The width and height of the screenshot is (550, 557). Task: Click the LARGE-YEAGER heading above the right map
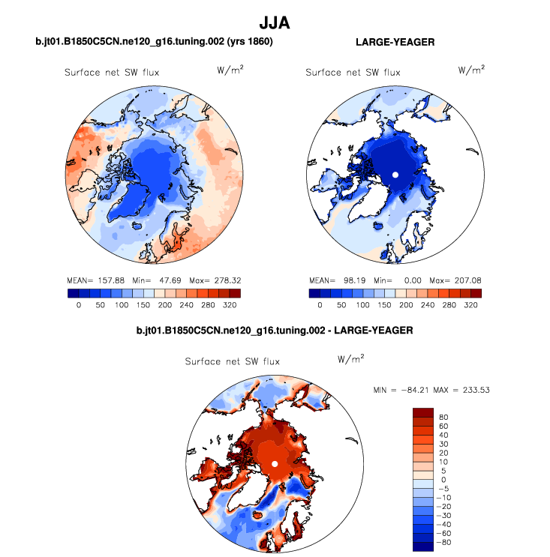pos(395,43)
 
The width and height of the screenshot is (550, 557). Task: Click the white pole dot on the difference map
pos(275,465)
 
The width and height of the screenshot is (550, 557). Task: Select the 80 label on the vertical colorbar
pos(443,417)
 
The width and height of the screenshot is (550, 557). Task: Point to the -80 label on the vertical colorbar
pos(445,542)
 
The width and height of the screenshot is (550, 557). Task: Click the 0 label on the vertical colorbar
pos(443,480)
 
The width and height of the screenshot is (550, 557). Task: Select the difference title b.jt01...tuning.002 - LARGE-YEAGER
pos(275,330)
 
